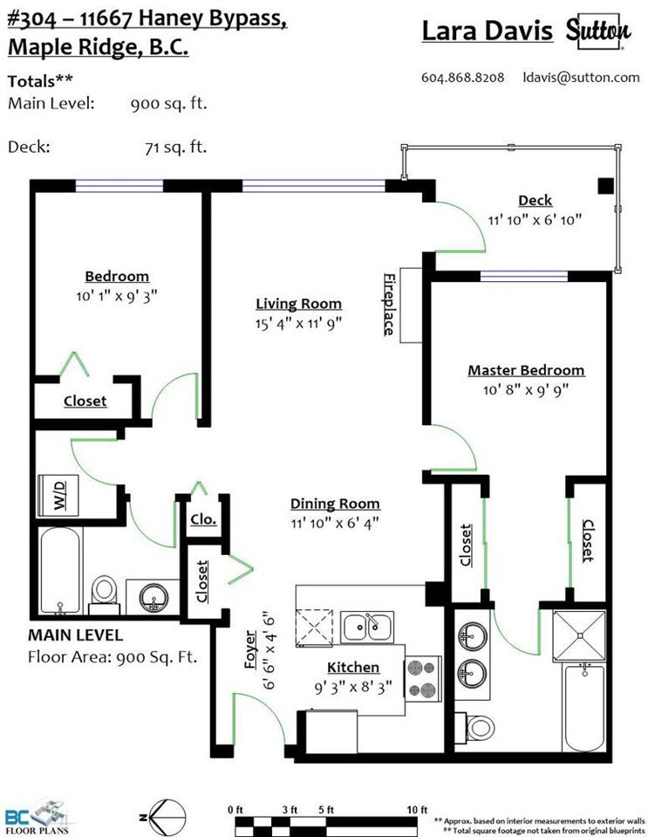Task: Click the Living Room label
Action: [x=298, y=304]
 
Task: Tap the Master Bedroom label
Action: [x=526, y=370]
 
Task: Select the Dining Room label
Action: [x=335, y=504]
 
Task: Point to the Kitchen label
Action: [x=353, y=668]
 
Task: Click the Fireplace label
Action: [x=389, y=305]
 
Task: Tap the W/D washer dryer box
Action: [x=58, y=496]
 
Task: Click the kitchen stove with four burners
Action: [x=422, y=678]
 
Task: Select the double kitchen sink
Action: [x=367, y=628]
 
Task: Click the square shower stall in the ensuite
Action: [x=579, y=635]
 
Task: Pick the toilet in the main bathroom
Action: [x=104, y=594]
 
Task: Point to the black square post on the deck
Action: [x=605, y=185]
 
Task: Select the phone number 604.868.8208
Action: [x=462, y=78]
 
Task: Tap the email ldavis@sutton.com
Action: [x=581, y=78]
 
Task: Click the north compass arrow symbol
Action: [x=163, y=817]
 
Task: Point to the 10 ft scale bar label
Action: [x=417, y=809]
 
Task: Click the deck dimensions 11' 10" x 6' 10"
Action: [x=535, y=219]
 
